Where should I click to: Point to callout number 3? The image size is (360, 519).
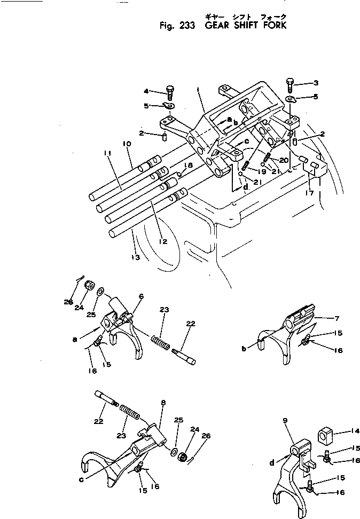316,83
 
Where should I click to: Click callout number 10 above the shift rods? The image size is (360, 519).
127,144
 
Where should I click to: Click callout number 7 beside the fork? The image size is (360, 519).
336,319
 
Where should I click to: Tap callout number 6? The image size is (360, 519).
140,295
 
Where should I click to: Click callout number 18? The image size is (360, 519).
189,166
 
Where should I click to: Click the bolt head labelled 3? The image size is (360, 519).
290,83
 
